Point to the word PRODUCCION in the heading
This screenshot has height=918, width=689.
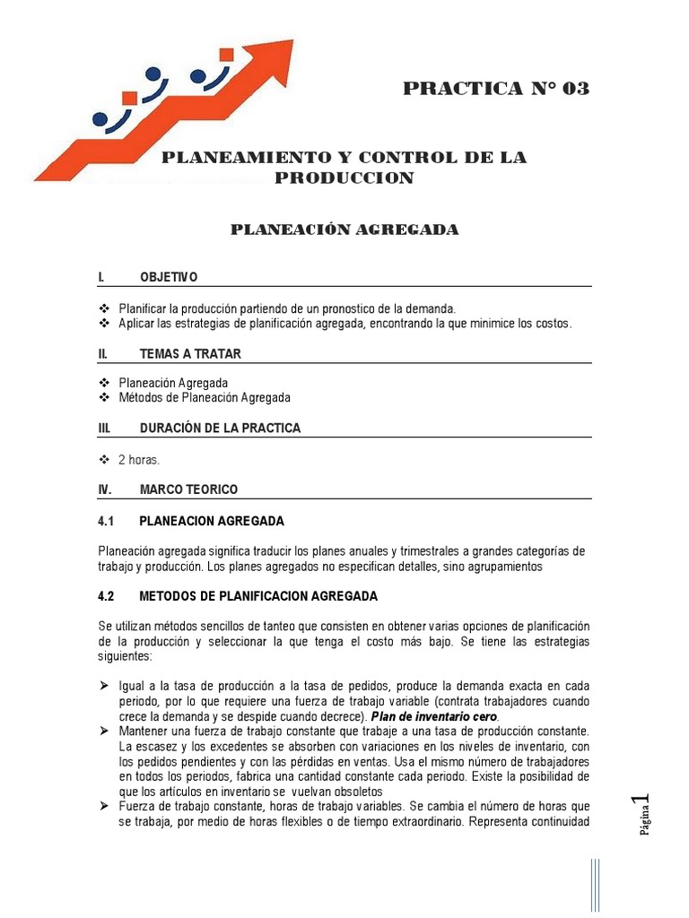(344, 178)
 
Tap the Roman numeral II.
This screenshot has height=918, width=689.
(103, 354)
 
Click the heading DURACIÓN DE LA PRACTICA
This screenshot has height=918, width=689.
(220, 429)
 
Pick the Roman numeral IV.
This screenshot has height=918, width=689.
(105, 489)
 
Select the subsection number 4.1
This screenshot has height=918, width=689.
(107, 521)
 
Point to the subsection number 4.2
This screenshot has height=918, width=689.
(107, 595)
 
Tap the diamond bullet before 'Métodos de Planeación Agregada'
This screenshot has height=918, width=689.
(103, 397)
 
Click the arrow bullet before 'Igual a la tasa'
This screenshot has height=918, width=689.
(103, 686)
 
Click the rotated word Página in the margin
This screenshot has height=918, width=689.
(643, 825)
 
